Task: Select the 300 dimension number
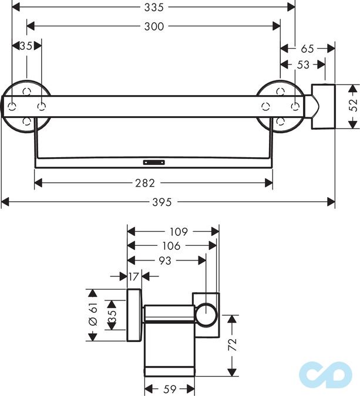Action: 154,26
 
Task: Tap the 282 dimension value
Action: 153,183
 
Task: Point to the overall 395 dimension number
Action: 163,202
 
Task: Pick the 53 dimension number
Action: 303,65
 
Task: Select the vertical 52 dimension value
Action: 353,106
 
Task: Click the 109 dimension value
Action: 174,232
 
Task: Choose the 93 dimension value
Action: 165,260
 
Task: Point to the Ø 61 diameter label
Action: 92,314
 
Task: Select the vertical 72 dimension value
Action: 233,344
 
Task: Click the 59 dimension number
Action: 170,388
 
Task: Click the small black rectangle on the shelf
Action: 153,159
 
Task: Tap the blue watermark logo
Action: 324,375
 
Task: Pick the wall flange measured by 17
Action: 134,315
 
